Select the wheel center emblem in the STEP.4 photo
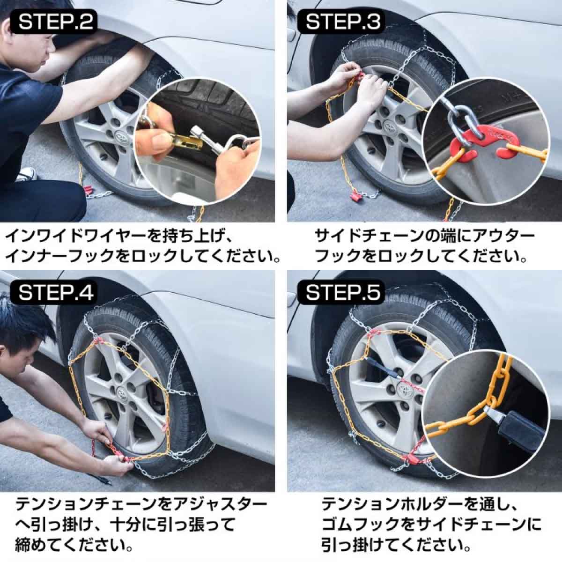coord(123,394)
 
